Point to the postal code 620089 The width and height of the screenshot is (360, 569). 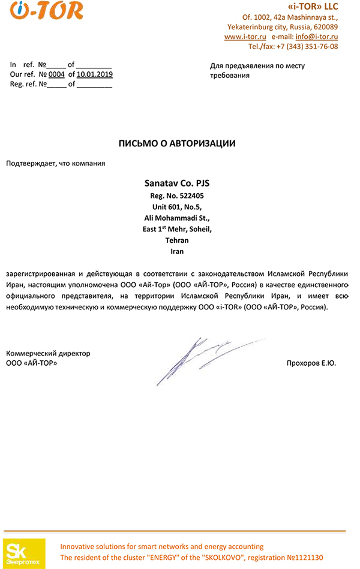click(325, 27)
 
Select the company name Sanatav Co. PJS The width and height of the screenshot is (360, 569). click(176, 182)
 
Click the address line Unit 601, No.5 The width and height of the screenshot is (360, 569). click(176, 206)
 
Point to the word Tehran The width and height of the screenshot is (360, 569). click(176, 240)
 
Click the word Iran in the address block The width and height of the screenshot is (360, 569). click(176, 251)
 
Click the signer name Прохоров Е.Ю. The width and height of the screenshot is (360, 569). click(312, 363)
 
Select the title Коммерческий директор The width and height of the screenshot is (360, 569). click(48, 353)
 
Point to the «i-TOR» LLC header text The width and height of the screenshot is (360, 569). click(313, 7)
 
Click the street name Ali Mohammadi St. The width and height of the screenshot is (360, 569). click(176, 218)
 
